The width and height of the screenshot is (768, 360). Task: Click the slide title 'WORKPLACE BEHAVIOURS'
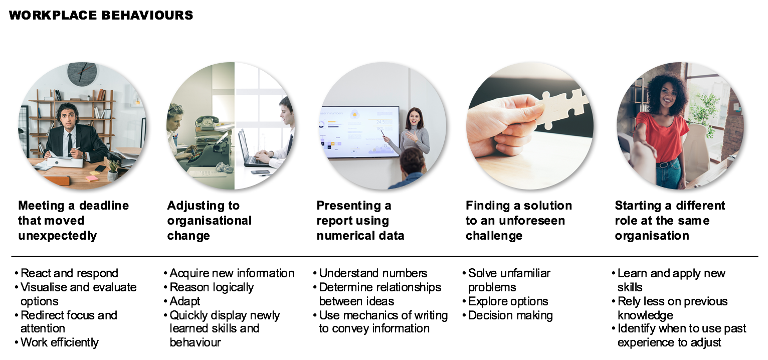101,15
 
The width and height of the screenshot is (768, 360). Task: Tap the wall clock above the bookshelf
82,73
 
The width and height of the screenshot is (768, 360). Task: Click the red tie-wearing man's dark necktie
70,144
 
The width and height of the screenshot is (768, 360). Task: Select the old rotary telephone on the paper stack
207,122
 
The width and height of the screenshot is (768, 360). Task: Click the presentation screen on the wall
359,132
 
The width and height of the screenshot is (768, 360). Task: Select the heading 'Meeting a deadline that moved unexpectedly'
73,221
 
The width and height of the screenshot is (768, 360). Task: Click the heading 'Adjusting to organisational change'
209,221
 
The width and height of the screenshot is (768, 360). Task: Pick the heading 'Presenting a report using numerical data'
360,221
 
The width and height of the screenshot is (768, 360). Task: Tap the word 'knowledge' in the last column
645,315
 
